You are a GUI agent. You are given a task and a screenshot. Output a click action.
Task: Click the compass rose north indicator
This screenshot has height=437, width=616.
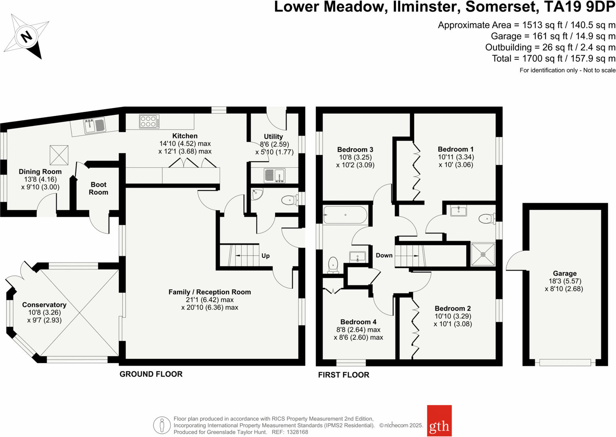point(26,37)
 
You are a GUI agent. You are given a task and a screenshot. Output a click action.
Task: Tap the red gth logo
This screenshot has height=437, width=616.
point(439,420)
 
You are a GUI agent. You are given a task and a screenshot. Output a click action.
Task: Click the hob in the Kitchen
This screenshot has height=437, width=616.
point(149,122)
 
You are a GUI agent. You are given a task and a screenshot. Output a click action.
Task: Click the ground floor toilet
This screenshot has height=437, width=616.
point(289,200)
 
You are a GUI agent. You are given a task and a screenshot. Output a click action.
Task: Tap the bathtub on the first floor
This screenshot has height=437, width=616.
point(345,215)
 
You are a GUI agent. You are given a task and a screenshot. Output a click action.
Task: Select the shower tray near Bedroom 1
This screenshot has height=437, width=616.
point(483,254)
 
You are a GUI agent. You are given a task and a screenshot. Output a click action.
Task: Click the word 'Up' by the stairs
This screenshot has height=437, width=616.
point(266,256)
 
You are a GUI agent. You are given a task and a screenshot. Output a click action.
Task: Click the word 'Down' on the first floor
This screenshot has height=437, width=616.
point(384,255)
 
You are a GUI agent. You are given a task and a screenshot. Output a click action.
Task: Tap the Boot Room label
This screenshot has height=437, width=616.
point(98,188)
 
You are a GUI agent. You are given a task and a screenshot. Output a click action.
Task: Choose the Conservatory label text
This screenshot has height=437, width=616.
point(44,305)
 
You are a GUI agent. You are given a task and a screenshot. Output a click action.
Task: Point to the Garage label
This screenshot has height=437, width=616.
point(565,273)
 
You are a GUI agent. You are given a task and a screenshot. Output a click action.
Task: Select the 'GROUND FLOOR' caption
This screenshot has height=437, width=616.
point(151,374)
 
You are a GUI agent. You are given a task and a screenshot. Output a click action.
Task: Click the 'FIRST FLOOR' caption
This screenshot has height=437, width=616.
point(344,375)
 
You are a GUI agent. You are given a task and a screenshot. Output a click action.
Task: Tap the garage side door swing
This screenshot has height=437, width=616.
point(516,261)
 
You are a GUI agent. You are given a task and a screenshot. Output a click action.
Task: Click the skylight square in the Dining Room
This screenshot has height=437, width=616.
point(59,155)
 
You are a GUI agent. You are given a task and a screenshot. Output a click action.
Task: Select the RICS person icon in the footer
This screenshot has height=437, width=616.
point(161,425)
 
